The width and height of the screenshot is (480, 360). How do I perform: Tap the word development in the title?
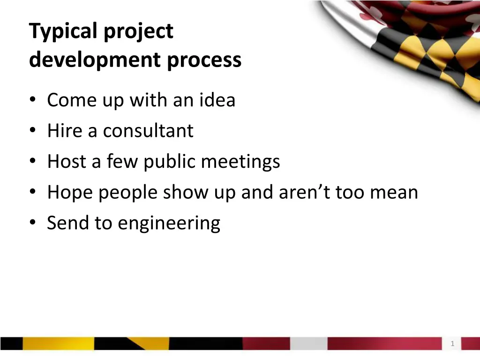tap(92, 60)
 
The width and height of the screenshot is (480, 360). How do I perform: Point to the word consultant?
tap(148, 131)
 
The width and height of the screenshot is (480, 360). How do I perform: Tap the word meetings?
tap(240, 162)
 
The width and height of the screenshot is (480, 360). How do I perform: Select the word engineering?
tap(169, 224)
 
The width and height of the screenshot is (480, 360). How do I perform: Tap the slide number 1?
tap(452, 344)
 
